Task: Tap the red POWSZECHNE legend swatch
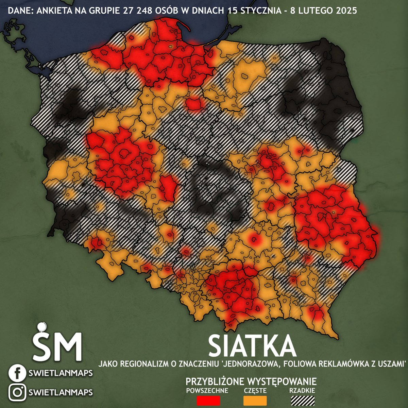[x=208, y=400]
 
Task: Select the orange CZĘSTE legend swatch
[x=255, y=400]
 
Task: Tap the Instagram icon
[x=17, y=392]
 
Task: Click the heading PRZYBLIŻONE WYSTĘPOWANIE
[x=251, y=380]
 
